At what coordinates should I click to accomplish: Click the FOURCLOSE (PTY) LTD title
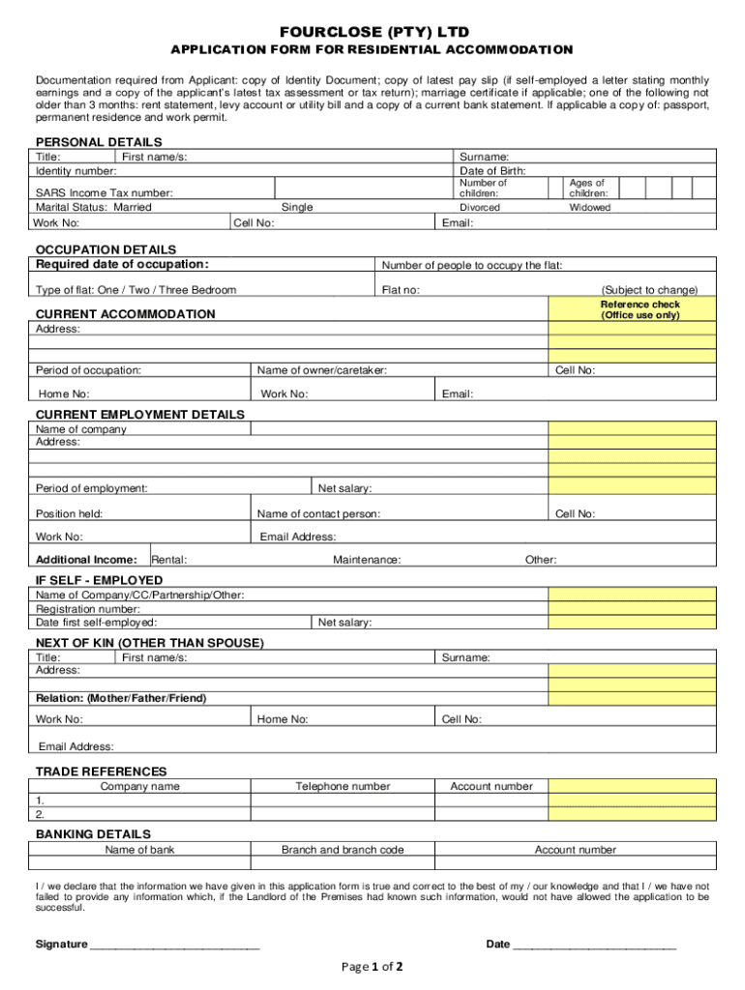coord(372,32)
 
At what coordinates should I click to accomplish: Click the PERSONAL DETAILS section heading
coord(99,142)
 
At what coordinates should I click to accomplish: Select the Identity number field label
coord(76,170)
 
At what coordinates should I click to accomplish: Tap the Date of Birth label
coord(492,170)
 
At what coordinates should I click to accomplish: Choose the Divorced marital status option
coord(480,207)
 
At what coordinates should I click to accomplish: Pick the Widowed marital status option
coord(589,207)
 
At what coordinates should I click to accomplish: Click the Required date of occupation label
coord(122,265)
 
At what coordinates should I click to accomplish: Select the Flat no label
coord(401,290)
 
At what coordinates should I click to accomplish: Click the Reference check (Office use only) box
coord(640,309)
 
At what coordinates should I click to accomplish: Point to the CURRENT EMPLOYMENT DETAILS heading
coord(140,415)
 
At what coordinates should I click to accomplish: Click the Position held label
coord(70,513)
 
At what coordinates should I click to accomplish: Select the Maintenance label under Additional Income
coord(367,560)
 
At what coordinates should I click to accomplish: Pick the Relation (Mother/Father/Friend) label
coord(121,698)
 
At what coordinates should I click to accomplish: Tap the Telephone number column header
coord(343,787)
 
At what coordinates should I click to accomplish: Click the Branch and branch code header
coord(343,850)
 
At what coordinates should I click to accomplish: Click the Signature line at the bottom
coord(174,945)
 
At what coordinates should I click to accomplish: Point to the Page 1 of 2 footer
coord(372,966)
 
